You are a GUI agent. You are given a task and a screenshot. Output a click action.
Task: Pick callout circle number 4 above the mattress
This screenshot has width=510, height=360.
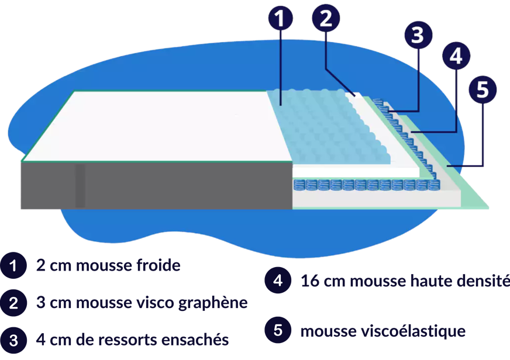coord(456,57)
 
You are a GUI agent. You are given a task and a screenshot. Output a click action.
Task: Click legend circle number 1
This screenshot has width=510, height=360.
coord(13,266)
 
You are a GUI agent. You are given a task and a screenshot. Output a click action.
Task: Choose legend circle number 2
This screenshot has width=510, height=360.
coord(13,303)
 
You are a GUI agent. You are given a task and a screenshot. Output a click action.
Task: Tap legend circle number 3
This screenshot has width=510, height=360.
coord(13,339)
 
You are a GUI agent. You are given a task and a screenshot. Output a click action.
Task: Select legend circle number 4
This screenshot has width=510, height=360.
coord(278,281)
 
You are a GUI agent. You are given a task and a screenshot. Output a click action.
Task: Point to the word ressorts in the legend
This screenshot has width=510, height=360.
coord(133,340)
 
